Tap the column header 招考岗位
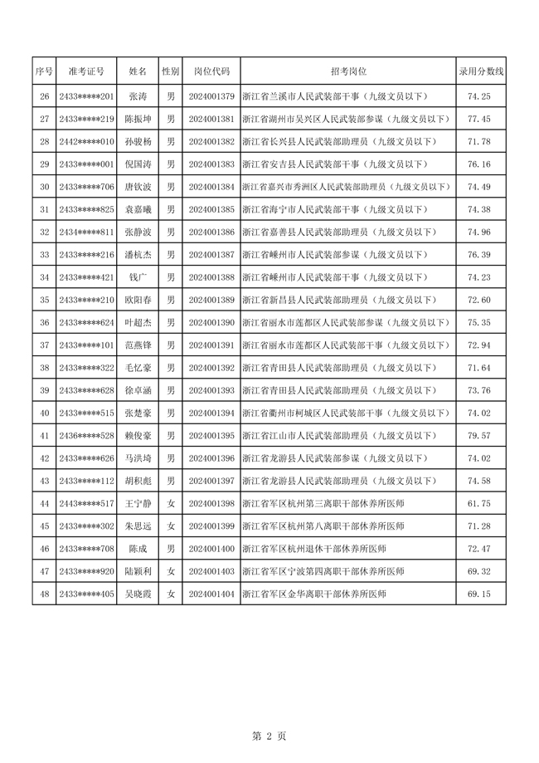pos(347,72)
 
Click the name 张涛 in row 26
pos(138,96)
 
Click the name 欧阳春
pos(138,300)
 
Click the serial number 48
pos(45,594)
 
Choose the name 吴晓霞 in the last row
pos(138,594)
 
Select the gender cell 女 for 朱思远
pos(171,526)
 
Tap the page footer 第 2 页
pos(269,736)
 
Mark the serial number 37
pos(45,345)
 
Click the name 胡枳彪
pos(138,481)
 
